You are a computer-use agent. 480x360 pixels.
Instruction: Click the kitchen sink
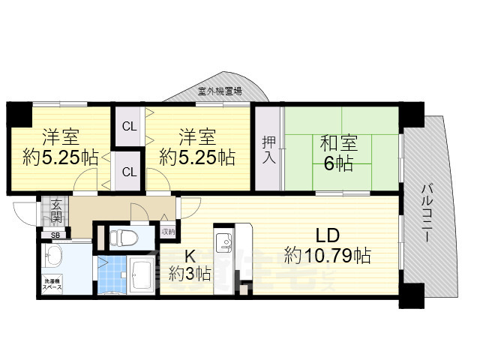tap(224, 244)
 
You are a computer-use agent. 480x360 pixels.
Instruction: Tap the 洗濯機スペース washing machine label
tap(53, 285)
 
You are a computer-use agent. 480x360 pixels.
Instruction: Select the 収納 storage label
tap(168, 231)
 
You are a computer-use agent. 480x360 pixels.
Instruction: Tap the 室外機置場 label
tap(220, 91)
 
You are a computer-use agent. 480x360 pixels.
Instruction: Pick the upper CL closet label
tap(129, 126)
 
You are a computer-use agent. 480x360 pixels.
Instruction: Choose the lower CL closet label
tap(129, 172)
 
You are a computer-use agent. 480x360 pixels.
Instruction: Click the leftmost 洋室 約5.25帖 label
tap(60, 148)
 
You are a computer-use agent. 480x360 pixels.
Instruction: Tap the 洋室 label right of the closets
tap(197, 148)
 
